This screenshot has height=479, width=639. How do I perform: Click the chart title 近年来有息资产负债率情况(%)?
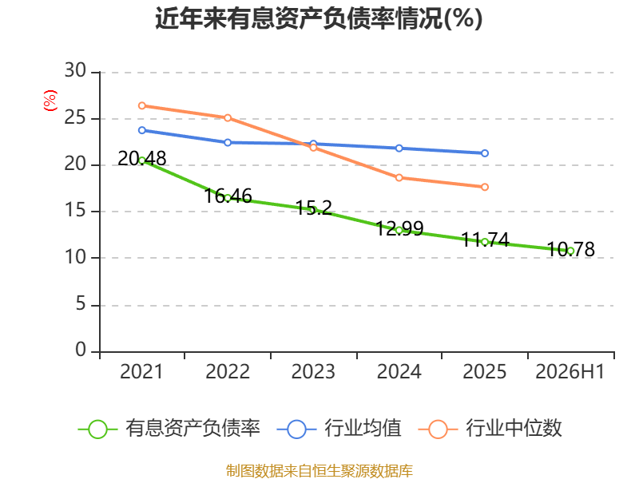pos(319,18)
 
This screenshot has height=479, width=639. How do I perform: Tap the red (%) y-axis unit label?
pos(50,101)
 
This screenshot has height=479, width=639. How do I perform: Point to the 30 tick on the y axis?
pos(75,70)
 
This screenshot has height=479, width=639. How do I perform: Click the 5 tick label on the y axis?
pos(81,304)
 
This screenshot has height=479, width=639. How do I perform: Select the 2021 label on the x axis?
pos(141,371)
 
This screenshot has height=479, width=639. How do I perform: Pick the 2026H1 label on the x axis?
pos(570,371)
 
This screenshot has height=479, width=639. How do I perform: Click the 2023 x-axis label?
pos(313,371)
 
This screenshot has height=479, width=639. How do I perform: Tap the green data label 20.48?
pos(142,158)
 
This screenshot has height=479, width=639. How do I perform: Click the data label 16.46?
pos(228,196)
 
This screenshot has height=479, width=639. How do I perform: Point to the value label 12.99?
pos(399,228)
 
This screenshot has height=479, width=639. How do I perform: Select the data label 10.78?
pos(570,249)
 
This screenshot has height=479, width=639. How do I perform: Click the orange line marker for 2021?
pos(142,105)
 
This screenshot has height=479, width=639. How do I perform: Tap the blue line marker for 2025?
pos(485,153)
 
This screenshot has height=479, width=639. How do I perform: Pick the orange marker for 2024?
pos(399,177)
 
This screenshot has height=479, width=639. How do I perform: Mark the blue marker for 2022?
pos(228,142)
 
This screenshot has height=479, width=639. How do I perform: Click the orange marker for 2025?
pos(485,187)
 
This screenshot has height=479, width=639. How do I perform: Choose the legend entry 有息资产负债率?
pos(169,429)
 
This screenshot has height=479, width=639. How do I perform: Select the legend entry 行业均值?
pos(339,429)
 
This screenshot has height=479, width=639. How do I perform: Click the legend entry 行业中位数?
pos(490,429)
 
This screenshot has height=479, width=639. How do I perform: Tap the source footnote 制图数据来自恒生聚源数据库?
pos(319,471)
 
